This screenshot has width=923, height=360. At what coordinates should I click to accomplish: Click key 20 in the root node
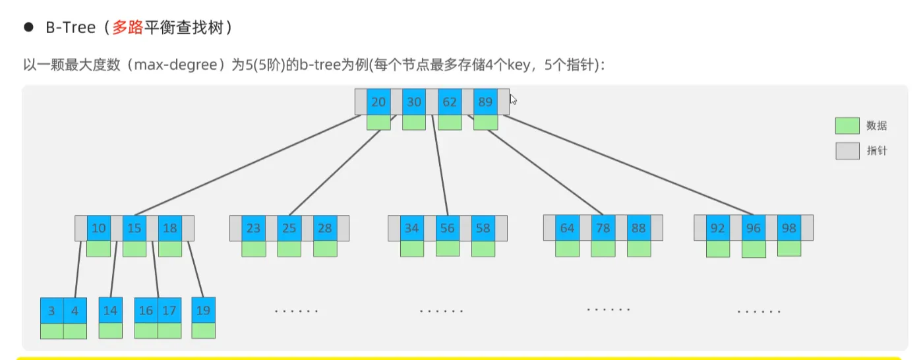[x=378, y=102]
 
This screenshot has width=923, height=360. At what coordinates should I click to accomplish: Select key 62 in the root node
[x=450, y=102]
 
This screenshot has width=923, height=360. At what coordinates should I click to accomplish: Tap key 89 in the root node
[x=485, y=102]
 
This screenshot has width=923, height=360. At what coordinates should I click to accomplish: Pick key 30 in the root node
[x=414, y=102]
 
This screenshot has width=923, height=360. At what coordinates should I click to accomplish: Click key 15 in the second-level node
[x=134, y=228]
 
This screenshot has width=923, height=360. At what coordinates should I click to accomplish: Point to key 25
[x=289, y=228]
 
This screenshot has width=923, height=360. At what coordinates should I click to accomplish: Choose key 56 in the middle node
[x=448, y=228]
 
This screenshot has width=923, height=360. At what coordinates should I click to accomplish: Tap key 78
[x=603, y=228]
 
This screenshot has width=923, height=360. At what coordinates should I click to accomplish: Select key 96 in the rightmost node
[x=754, y=228]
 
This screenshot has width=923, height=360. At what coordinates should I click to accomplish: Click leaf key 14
[x=111, y=310]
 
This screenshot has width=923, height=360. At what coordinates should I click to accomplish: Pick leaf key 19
[x=204, y=310]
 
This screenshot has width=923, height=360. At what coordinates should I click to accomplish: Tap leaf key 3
[x=52, y=311]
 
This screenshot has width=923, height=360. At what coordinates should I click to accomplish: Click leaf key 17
[x=169, y=311]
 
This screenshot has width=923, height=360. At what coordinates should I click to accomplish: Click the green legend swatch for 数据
[x=847, y=126]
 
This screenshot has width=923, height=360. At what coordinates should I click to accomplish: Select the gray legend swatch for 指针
[x=847, y=151]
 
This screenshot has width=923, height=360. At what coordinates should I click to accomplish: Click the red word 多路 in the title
[x=127, y=28]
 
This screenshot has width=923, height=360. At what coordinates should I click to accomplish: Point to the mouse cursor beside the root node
[x=514, y=100]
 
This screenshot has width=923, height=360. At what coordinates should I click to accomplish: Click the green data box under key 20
[x=378, y=122]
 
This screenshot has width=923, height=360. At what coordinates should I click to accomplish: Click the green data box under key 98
[x=789, y=248]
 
